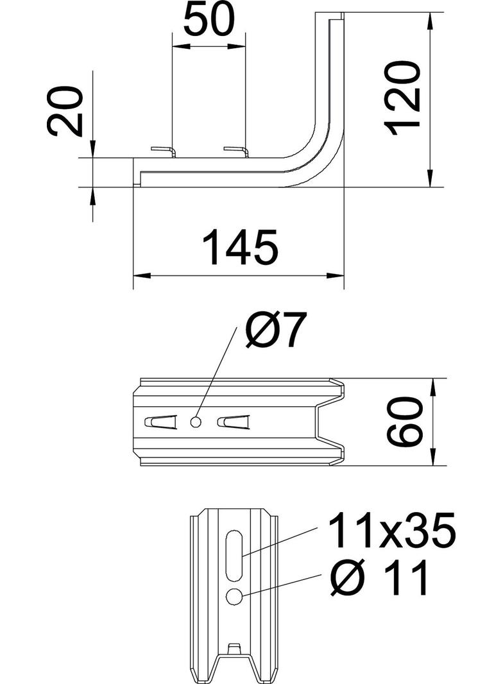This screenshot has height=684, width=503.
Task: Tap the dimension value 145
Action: click(x=240, y=247)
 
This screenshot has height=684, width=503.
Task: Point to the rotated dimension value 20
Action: click(x=67, y=112)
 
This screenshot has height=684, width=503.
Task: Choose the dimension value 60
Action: click(x=405, y=422)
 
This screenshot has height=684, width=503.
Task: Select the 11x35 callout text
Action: click(x=391, y=531)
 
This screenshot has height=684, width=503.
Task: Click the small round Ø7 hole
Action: click(x=196, y=422)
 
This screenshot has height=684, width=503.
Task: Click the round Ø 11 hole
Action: click(x=234, y=597)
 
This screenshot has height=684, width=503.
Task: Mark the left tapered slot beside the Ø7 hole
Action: click(x=160, y=422)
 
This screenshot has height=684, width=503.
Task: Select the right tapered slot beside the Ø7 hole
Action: click(x=232, y=422)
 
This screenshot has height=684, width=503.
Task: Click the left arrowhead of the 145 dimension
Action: click(x=141, y=276)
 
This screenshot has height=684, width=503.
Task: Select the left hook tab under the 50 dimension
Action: click(x=164, y=151)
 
